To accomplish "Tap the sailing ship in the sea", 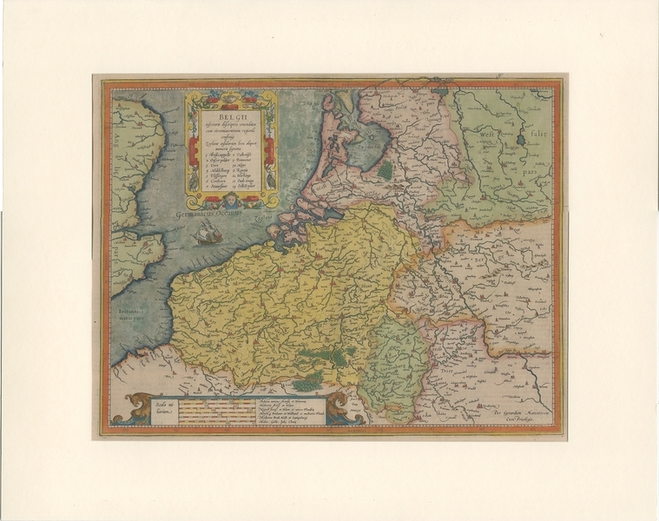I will [208, 233].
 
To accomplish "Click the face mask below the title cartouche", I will [231, 203].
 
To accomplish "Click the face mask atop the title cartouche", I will [230, 95].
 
